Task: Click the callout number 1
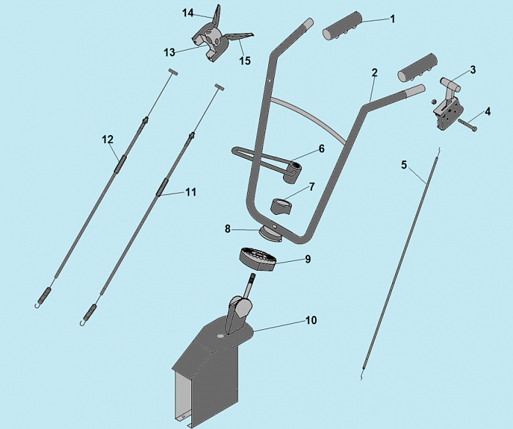[x=393, y=19]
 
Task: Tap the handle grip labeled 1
[x=342, y=26]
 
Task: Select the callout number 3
[x=473, y=70]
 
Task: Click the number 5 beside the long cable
[x=404, y=165]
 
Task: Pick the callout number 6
[x=321, y=149]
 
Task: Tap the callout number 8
[x=228, y=229]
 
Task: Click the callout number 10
[x=311, y=320]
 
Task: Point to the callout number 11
[x=191, y=192]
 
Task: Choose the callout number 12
[x=108, y=139]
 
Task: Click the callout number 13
[x=169, y=52]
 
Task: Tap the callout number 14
[x=188, y=13]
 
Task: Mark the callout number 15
[x=245, y=61]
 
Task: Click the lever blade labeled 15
[x=241, y=37]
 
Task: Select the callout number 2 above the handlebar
[x=374, y=73]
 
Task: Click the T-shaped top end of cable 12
[x=174, y=72]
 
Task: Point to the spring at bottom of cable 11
[x=90, y=312]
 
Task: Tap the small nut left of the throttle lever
[x=434, y=100]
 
